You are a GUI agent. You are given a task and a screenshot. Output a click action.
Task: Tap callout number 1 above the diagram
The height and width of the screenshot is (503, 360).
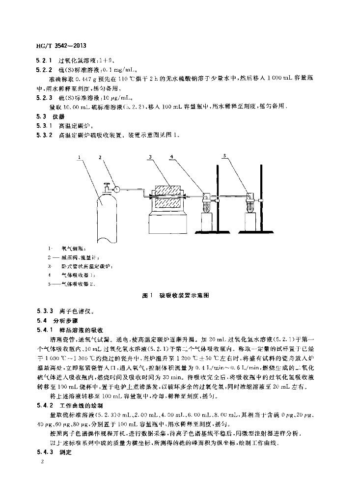click(x=79, y=157)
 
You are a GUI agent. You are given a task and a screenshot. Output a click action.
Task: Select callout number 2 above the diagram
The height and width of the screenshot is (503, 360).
click(x=100, y=157)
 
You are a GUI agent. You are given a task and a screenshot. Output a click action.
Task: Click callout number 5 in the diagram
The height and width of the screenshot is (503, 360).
click(x=224, y=156)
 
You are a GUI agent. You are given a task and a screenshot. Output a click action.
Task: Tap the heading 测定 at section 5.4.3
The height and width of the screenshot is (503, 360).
click(x=65, y=452)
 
